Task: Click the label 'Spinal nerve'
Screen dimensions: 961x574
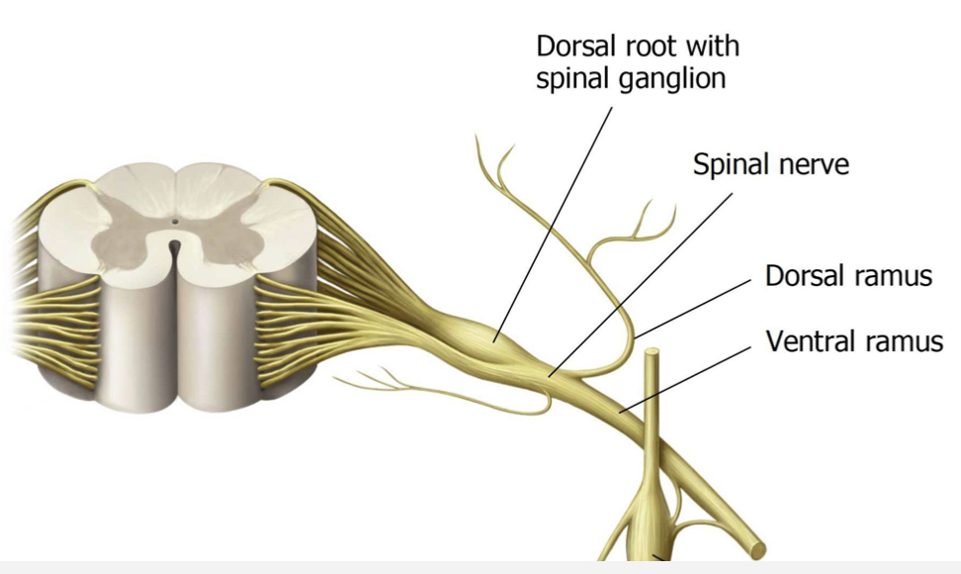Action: point(770,164)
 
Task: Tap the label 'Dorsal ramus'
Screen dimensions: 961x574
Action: point(848,275)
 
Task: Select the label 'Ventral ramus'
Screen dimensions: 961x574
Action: point(854,342)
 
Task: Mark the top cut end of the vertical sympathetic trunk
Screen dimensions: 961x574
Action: point(652,354)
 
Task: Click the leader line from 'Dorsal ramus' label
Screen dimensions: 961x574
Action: point(692,307)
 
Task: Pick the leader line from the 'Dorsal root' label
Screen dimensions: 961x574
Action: point(554,218)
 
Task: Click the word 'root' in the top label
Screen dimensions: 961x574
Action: point(645,47)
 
